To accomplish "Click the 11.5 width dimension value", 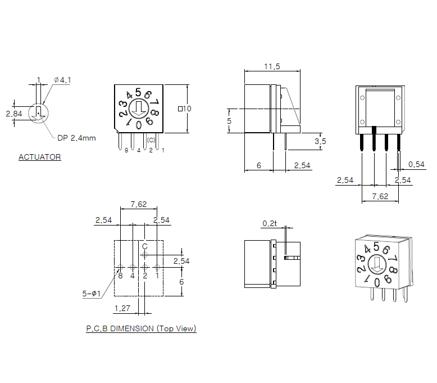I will coord(272,66).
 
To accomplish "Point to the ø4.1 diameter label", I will coord(62,80).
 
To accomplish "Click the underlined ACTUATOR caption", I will coord(39,157).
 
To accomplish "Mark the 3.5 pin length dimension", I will coord(320,141).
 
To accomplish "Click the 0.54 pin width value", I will coord(416,164).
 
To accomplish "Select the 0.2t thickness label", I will coord(270,223).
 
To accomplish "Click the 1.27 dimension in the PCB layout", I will coord(123,308).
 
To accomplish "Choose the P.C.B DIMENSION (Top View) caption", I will coord(141,328).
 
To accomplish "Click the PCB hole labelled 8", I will coord(120,267).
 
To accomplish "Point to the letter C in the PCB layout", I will coord(144,246).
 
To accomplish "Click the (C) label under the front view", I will coord(151,139).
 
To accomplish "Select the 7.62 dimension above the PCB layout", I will coord(139,204).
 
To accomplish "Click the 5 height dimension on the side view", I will coord(229,121).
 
